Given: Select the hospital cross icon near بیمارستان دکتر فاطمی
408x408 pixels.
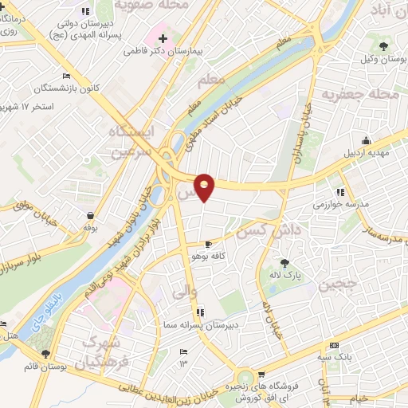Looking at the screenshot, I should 163,37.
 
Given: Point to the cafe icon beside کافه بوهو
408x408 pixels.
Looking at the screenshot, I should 209,244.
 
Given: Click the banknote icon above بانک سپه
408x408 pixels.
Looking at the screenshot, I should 333,345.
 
